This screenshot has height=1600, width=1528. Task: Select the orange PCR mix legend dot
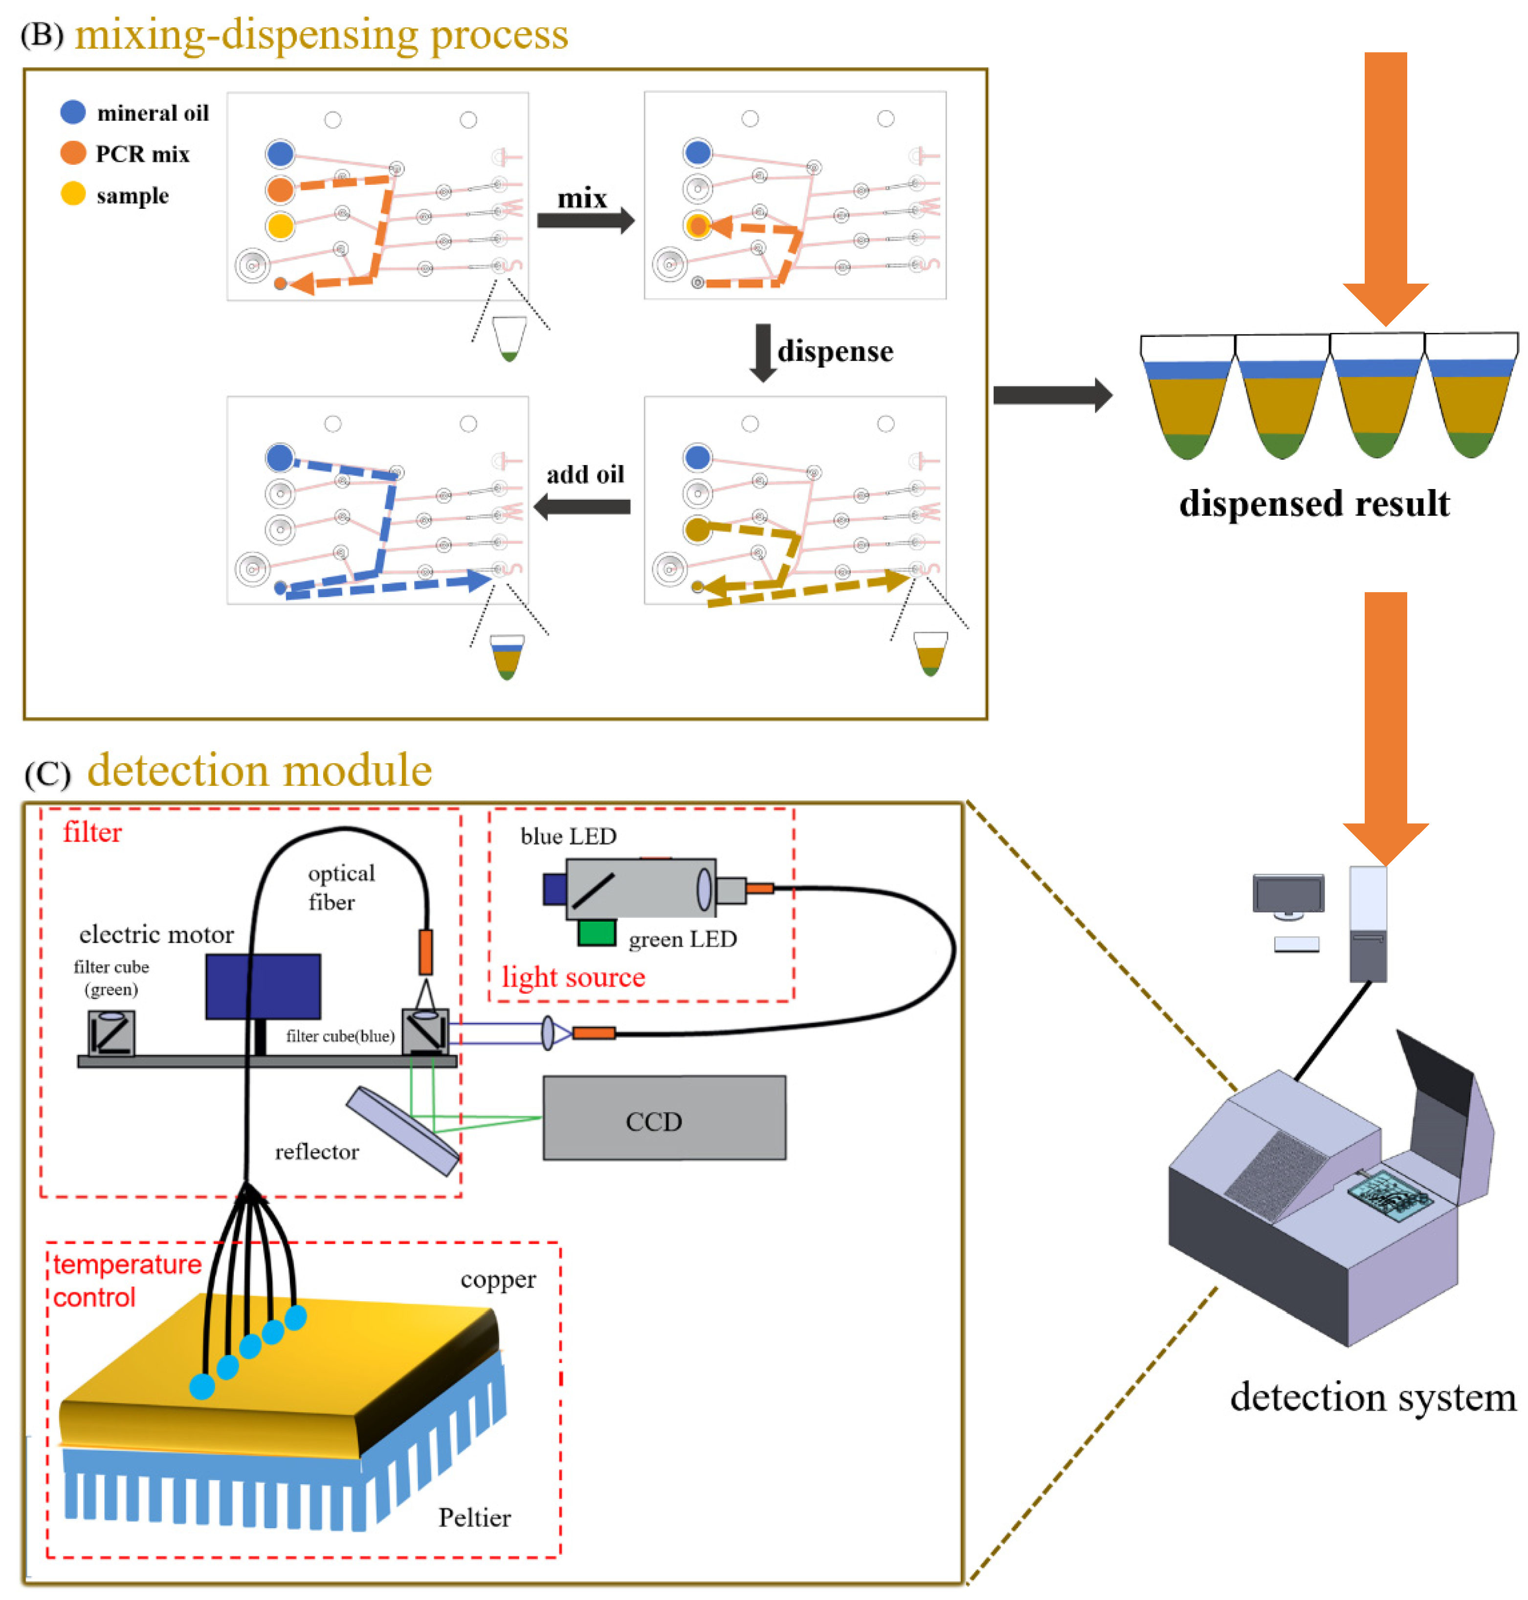(x=73, y=153)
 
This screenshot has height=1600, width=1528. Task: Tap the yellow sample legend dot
(x=73, y=194)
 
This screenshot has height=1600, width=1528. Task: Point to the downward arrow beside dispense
(x=762, y=352)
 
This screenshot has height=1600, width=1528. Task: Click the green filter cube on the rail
(x=111, y=1032)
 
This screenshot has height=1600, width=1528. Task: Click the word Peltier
(x=474, y=1517)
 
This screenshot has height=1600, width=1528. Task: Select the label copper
(x=498, y=1279)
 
